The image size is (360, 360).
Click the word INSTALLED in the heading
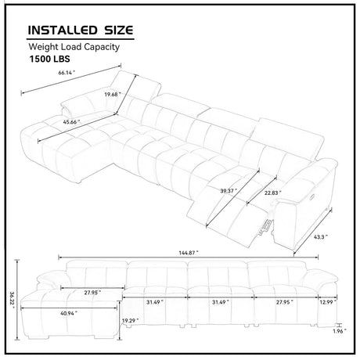coord(63,31)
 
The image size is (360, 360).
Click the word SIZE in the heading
coord(119,31)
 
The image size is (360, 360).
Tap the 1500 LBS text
coord(49,59)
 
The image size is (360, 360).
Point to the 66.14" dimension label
coord(67,73)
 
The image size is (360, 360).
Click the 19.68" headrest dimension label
coord(113,95)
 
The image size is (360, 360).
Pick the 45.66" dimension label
coord(71,121)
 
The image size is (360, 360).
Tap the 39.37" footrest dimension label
coord(229,191)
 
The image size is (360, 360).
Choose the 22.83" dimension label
coord(273,193)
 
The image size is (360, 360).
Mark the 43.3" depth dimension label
coord(321,237)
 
